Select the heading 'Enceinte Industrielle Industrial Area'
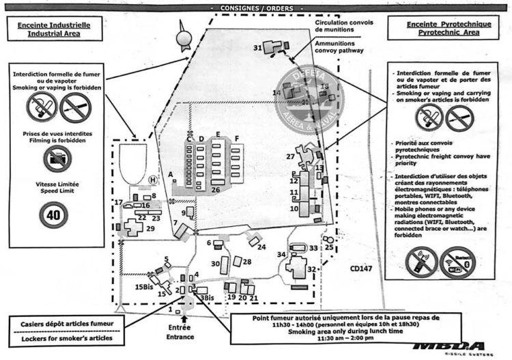55,31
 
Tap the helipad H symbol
152,179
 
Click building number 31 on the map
257,48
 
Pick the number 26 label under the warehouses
215,189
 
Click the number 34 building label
280,255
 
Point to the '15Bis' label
143,286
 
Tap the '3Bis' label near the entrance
207,297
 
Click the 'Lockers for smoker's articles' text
59,338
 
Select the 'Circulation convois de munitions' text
344,27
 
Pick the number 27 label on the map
290,157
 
